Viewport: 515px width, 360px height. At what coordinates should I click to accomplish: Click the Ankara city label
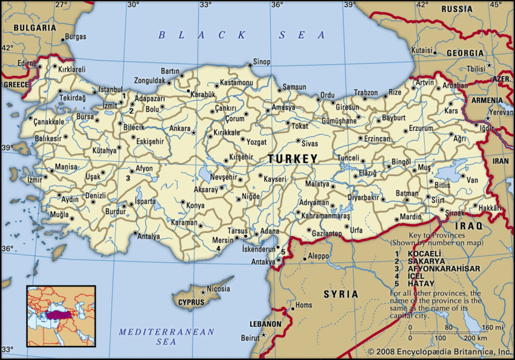[x=179, y=128]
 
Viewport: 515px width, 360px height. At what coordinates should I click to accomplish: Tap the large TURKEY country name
[x=293, y=159]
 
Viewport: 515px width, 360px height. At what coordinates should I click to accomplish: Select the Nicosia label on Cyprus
[x=218, y=289]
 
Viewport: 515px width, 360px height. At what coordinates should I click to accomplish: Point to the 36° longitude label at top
[x=277, y=5]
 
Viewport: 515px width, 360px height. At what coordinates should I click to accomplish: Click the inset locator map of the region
[x=61, y=316]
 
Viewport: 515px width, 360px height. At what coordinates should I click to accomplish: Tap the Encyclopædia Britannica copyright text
[x=439, y=352]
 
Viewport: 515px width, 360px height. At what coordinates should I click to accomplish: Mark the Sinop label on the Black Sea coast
[x=261, y=62]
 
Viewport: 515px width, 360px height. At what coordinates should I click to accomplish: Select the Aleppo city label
[x=318, y=256]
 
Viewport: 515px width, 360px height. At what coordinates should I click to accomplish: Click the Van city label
[x=473, y=180]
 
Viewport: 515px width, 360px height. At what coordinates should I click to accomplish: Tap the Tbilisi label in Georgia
[x=477, y=69]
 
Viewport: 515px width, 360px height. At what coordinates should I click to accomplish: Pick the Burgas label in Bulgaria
[x=75, y=36]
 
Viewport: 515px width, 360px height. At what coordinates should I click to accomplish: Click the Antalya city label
[x=148, y=236]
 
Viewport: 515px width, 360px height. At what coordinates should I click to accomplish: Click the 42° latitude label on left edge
[x=7, y=47]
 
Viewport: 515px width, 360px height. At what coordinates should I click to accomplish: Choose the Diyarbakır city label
[x=363, y=198]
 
